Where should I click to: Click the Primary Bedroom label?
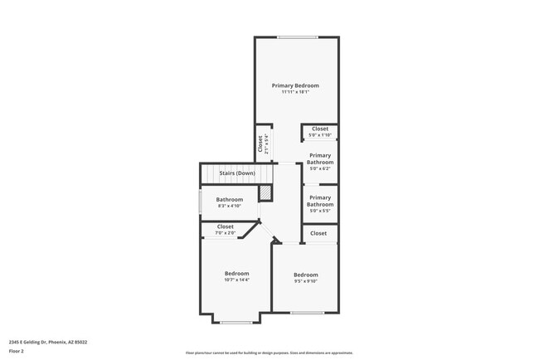click(x=295, y=85)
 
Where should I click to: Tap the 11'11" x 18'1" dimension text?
click(x=295, y=92)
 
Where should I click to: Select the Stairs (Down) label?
click(x=236, y=173)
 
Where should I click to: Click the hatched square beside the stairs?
click(x=265, y=193)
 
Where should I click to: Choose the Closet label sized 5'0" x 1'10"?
click(x=320, y=129)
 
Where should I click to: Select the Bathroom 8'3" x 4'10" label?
click(x=230, y=200)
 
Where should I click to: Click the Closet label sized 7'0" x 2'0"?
click(x=226, y=226)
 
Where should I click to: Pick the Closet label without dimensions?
click(x=319, y=234)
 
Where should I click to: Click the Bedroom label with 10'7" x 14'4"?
click(x=236, y=273)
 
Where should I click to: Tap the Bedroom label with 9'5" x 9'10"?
click(x=305, y=275)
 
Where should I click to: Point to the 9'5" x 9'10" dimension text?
click(x=305, y=281)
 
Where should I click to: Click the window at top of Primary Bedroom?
click(x=296, y=37)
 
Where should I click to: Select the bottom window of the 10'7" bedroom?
click(x=236, y=322)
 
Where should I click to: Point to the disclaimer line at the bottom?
click(x=269, y=353)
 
